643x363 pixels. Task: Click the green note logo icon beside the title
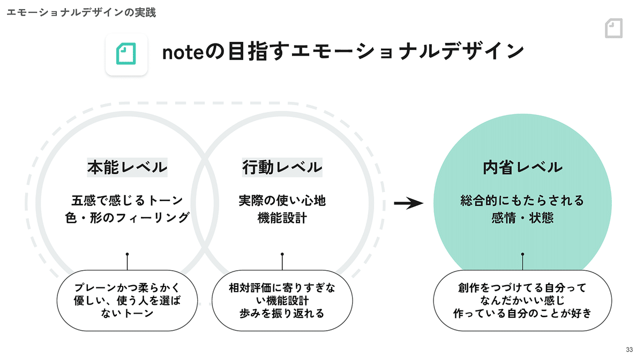126,54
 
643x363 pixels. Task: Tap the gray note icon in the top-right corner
614,28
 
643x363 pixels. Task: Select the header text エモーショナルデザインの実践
81,12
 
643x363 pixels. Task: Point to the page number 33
629,350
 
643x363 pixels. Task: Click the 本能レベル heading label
127,167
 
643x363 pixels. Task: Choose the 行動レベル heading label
282,167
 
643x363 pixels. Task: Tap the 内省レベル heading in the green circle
522,167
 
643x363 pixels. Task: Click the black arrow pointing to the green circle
408,203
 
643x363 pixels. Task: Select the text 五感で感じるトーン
127,200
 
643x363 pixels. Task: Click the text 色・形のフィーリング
127,218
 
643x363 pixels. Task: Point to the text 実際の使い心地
282,200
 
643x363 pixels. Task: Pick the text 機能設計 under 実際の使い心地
282,218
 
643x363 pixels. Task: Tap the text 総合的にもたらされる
522,200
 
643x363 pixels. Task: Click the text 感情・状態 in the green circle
522,218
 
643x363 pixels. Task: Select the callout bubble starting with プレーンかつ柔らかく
127,300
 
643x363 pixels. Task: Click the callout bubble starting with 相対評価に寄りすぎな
282,300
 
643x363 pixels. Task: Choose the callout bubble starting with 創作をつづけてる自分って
522,300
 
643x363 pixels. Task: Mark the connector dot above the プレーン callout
127,254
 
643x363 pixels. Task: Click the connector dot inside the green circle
522,254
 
